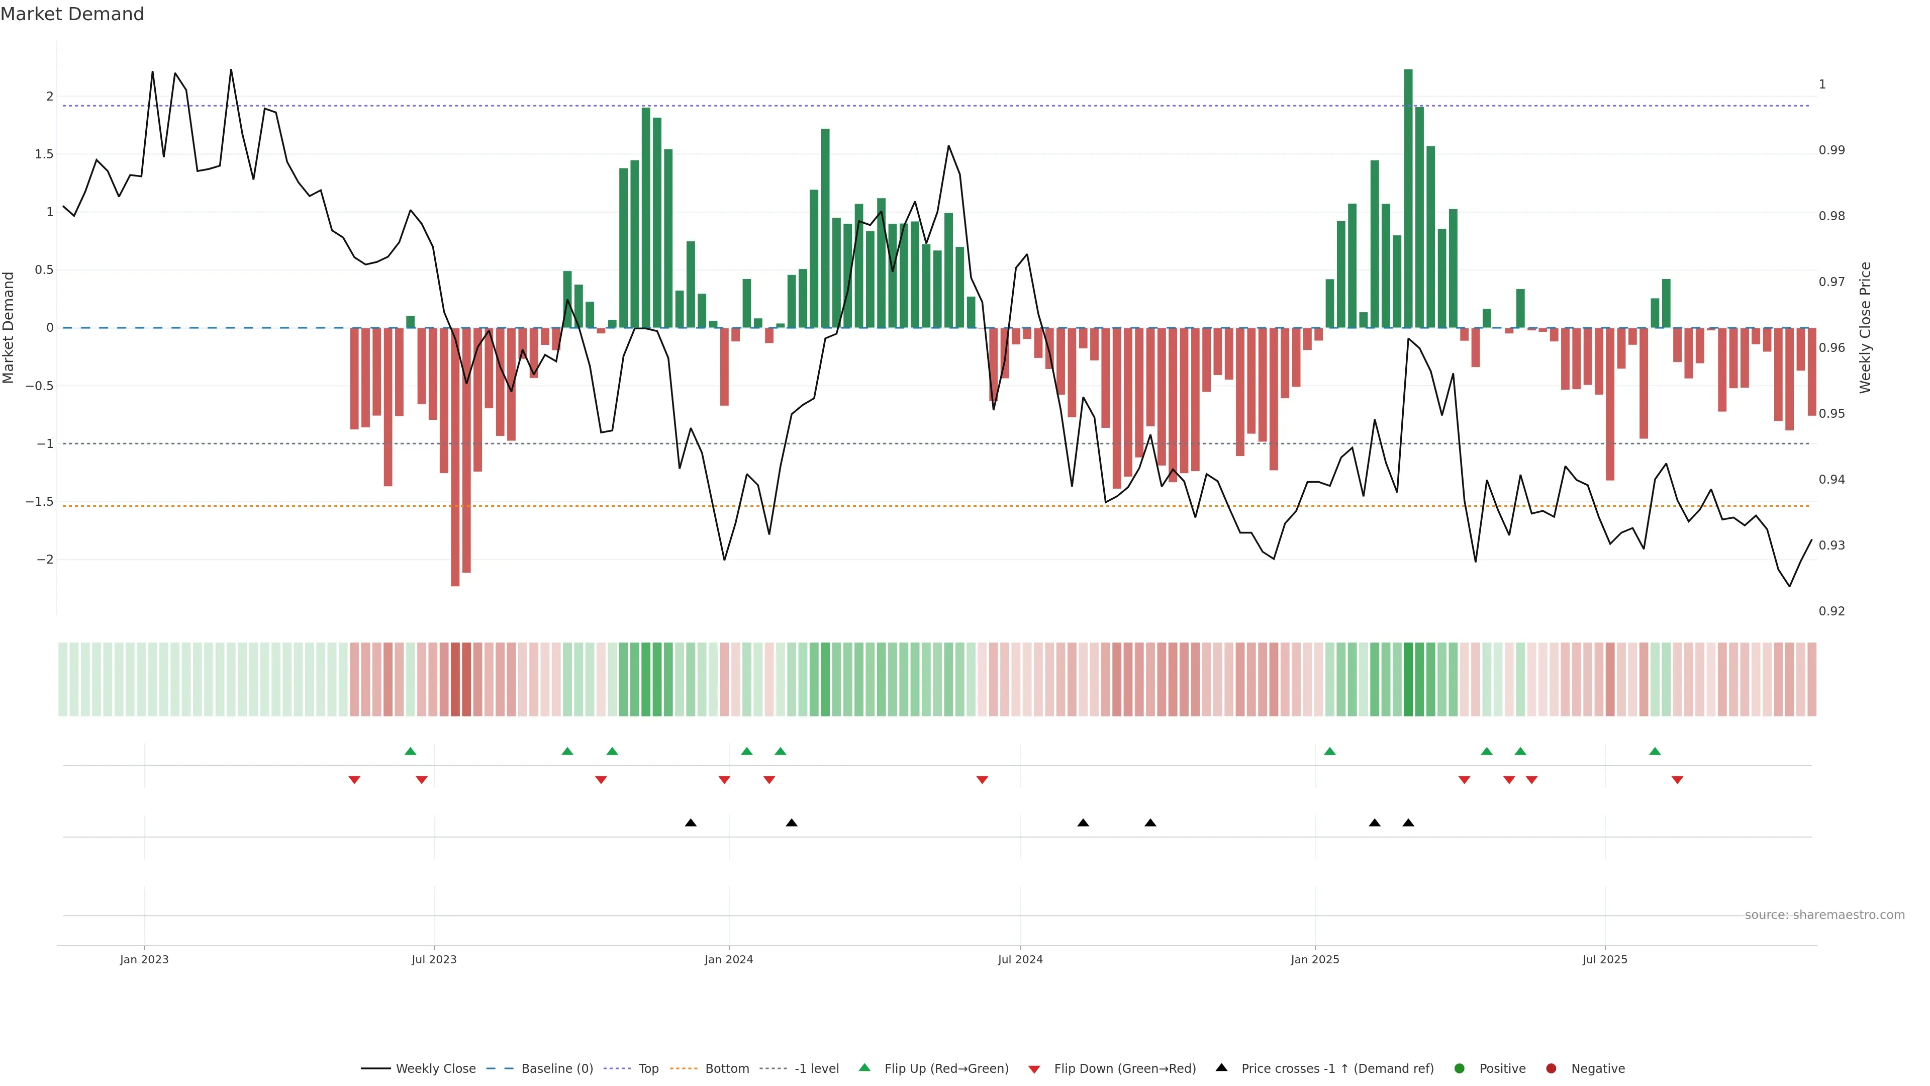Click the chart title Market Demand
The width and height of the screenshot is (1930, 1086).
72,14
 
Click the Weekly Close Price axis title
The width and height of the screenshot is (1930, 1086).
1865,327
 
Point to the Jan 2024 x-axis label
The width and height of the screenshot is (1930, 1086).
728,959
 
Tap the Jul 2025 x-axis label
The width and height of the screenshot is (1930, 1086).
1604,959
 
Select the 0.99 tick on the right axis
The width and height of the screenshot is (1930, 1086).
1832,150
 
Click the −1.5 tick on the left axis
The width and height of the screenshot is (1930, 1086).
40,501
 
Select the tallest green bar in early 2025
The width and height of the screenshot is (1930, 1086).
1408,199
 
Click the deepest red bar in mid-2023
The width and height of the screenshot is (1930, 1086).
455,457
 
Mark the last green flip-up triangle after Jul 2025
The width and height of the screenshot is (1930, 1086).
1655,751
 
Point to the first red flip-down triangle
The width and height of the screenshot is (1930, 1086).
354,780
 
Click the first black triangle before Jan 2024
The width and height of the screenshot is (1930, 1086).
691,823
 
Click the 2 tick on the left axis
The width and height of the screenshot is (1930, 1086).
49,96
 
